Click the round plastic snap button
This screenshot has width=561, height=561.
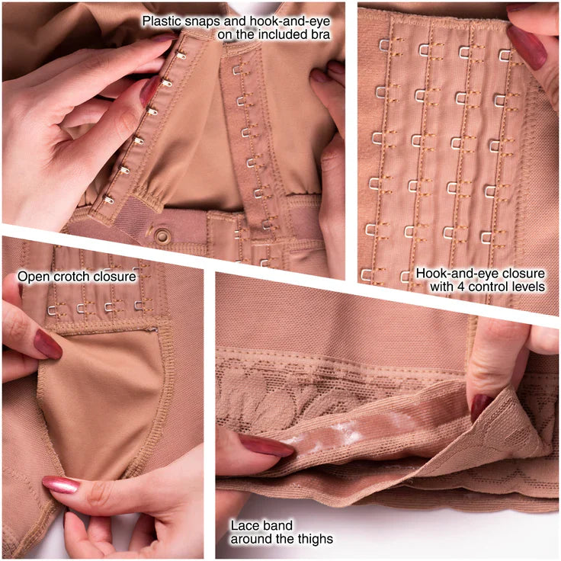tap(162, 236)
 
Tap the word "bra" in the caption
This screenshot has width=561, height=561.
tap(321, 35)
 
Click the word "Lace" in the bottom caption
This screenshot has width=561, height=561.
tap(245, 525)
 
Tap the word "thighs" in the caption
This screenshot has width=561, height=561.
tap(314, 539)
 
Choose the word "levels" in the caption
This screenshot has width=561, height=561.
tap(528, 287)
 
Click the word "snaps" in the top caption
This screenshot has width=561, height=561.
tap(202, 22)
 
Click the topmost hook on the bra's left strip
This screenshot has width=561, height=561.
tap(181, 55)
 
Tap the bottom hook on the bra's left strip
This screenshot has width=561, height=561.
tap(108, 200)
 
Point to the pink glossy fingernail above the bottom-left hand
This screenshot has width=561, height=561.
tap(61, 485)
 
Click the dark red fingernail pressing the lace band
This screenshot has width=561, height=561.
tap(267, 445)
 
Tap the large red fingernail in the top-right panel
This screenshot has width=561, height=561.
tap(526, 46)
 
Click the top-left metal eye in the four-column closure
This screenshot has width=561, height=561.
tap(384, 45)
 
